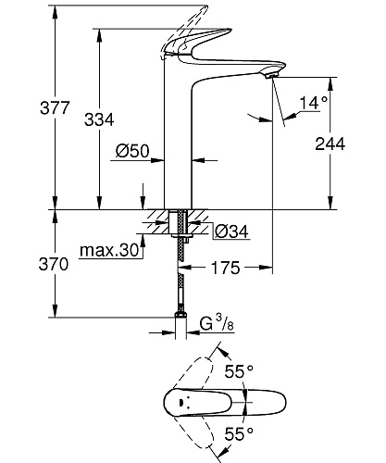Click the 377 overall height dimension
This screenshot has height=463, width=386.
[x=55, y=107]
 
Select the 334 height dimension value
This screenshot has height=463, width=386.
[x=99, y=119]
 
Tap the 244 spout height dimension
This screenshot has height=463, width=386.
[x=330, y=144]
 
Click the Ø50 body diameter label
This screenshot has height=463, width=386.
[x=132, y=151]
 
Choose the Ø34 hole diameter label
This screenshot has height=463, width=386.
[x=231, y=231]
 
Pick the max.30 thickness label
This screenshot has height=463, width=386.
[x=109, y=250]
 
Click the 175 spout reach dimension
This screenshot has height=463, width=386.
[x=225, y=268]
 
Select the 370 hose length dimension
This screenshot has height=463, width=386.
[x=54, y=265]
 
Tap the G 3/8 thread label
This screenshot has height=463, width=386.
[x=217, y=323]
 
